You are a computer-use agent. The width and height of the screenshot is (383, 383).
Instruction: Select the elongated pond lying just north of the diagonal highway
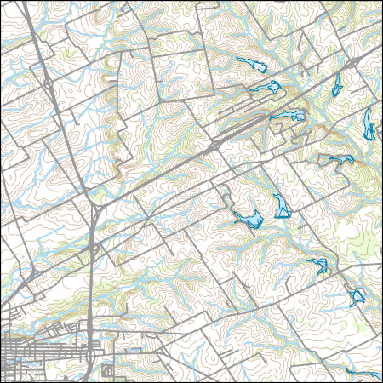(287, 115)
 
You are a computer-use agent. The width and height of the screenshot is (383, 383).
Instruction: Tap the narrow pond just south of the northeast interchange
(337, 84)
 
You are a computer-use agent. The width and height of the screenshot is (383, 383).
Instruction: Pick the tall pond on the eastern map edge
(368, 124)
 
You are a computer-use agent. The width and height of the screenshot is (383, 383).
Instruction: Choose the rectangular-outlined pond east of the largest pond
(280, 206)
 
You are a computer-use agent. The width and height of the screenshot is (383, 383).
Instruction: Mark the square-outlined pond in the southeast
(357, 297)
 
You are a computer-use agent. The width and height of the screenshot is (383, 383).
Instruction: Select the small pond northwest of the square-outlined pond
(319, 265)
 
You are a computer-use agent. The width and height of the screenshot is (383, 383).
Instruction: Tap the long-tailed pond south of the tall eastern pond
(342, 160)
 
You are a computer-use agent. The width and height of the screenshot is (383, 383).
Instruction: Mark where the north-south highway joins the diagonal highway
(100, 207)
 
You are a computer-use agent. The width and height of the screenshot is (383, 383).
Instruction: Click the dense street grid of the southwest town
(26, 349)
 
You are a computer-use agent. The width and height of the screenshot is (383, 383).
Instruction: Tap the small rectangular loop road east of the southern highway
(107, 371)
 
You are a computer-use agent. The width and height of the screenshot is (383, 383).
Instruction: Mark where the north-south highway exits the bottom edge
(85, 380)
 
